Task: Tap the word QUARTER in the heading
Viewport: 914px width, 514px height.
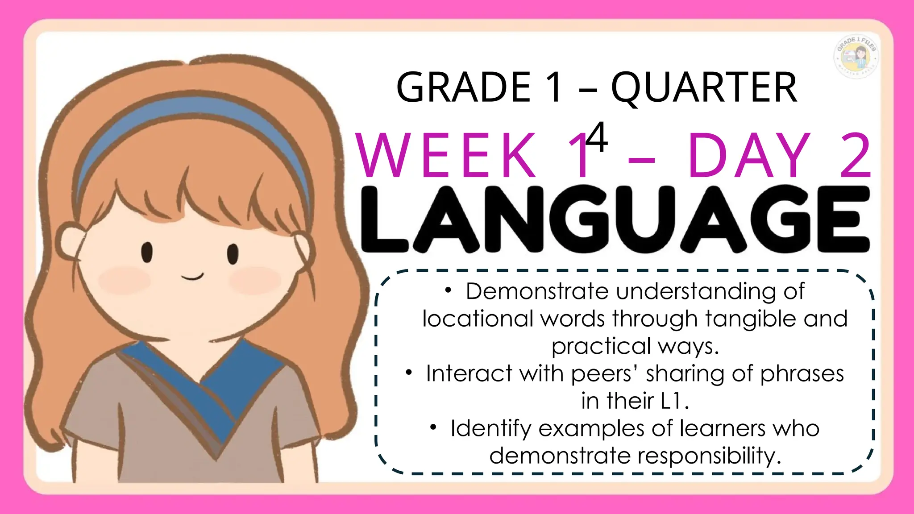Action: pos(704,88)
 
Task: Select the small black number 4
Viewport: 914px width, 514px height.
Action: pos(597,137)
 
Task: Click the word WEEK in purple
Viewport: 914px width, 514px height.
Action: pos(446,156)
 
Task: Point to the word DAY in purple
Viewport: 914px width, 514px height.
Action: pos(749,156)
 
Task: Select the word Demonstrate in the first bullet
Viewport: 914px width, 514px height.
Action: pos(537,291)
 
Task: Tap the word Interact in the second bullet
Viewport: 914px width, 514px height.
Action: pos(469,373)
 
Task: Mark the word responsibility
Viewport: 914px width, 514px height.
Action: pos(709,456)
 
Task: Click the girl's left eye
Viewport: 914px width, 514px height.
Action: pos(147,252)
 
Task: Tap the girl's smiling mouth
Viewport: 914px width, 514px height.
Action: pos(192,277)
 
